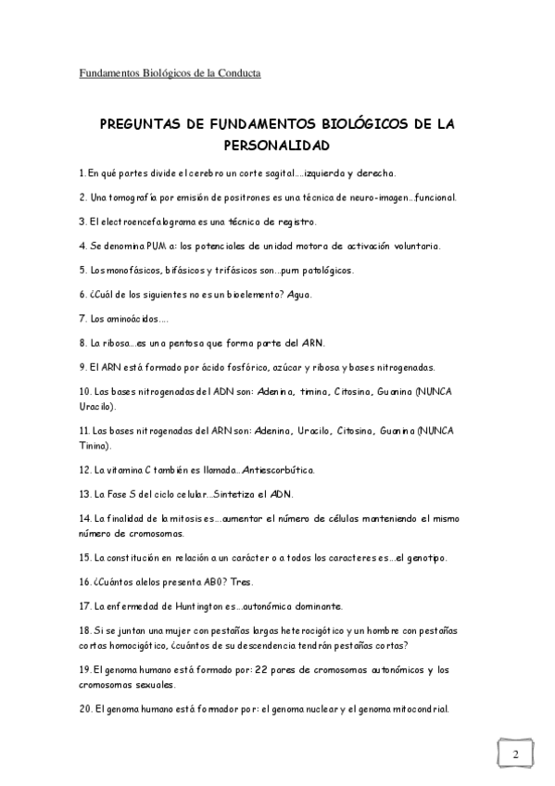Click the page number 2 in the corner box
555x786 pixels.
coord(515,754)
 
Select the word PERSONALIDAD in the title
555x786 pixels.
coord(277,146)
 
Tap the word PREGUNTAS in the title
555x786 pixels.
coord(138,124)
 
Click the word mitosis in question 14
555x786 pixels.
coord(190,519)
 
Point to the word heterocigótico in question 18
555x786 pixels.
coord(282,630)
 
